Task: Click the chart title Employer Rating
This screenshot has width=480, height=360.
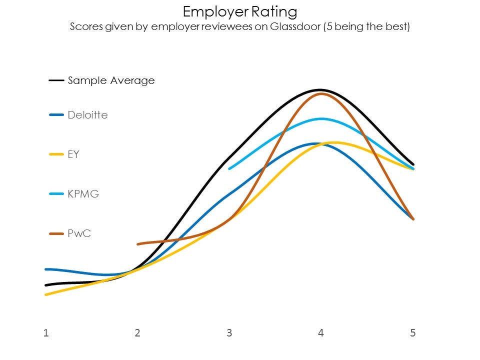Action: coord(240,11)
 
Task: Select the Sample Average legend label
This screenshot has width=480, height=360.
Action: coord(111,80)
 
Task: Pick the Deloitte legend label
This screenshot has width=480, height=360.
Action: coord(87,115)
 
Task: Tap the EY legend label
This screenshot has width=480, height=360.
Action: coord(73,154)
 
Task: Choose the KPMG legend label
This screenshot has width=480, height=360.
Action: coord(83,194)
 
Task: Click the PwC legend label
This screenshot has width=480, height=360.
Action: coord(79,233)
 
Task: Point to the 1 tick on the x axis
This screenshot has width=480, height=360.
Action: coord(46,333)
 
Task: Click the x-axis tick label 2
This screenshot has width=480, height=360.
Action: coord(137,333)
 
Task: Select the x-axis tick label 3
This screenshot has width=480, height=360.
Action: coord(229,333)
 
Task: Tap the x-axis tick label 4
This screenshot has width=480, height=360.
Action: coord(320,333)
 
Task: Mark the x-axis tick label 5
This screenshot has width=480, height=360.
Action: coord(412,333)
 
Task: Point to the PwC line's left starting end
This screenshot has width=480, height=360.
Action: coord(138,244)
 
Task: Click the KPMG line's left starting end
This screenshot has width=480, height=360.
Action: coord(229,168)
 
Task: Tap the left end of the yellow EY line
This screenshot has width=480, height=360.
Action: coord(46,294)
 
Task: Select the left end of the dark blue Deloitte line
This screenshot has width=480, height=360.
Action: coord(46,269)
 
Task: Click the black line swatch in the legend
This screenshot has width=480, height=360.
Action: coord(56,80)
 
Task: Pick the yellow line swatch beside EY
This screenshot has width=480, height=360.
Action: coord(56,154)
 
